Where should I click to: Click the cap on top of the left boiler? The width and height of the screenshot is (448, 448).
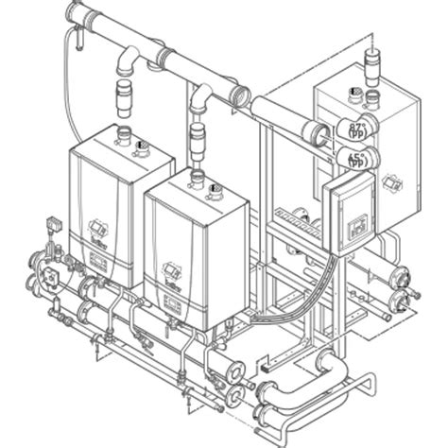tap(142, 146)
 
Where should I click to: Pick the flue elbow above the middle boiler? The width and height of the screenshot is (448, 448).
tap(201, 95)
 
